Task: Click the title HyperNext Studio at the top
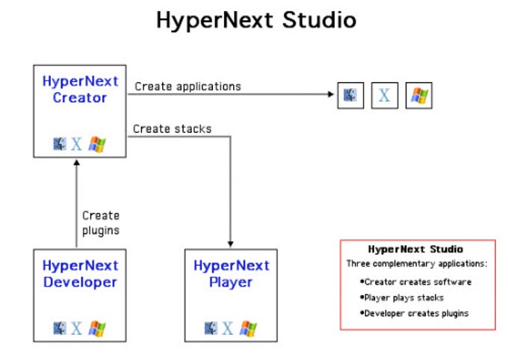pyautogui.click(x=255, y=20)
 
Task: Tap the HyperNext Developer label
pyautogui.click(x=79, y=274)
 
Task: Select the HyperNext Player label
pyautogui.click(x=231, y=274)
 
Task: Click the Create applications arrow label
pyautogui.click(x=188, y=87)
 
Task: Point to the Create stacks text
pyautogui.click(x=172, y=129)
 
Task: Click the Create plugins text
pyautogui.click(x=101, y=223)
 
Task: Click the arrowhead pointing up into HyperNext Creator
pyautogui.click(x=76, y=162)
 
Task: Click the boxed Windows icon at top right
pyautogui.click(x=418, y=96)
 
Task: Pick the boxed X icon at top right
pyautogui.click(x=385, y=96)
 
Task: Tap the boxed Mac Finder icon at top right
pyautogui.click(x=350, y=96)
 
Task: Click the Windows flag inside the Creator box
pyautogui.click(x=96, y=143)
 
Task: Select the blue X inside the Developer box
pyautogui.click(x=76, y=327)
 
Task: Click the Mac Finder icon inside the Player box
pyautogui.click(x=210, y=327)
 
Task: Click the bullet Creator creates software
pyautogui.click(x=415, y=282)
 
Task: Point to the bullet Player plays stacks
pyautogui.click(x=402, y=297)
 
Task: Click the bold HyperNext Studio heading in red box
pyautogui.click(x=415, y=249)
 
